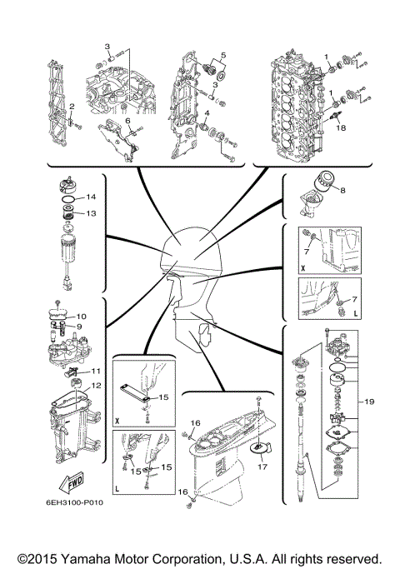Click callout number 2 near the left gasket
point(72,106)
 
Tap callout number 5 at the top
point(222,55)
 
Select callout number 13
point(92,213)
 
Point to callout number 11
point(97,371)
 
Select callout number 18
point(339,129)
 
